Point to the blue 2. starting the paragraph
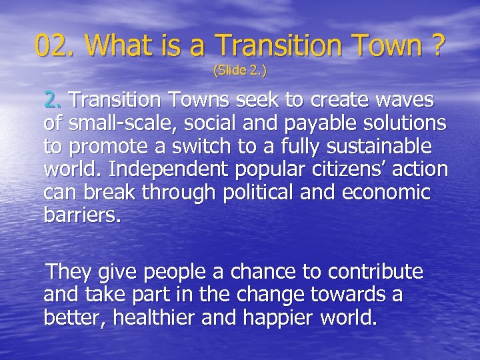[x=54, y=101]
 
